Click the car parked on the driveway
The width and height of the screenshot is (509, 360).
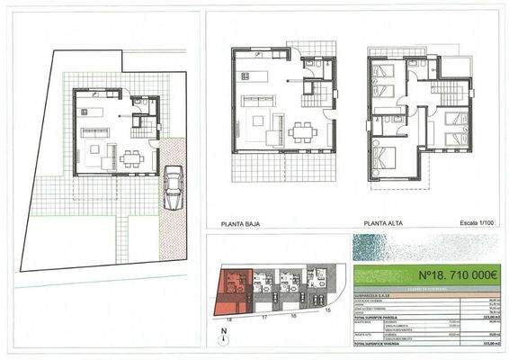pyautogui.click(x=172, y=187)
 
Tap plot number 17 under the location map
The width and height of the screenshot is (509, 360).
pyautogui.click(x=265, y=319)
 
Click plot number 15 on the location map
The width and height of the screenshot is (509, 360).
pyautogui.click(x=327, y=310)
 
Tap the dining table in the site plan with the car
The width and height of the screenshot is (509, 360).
pyautogui.click(x=133, y=160)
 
